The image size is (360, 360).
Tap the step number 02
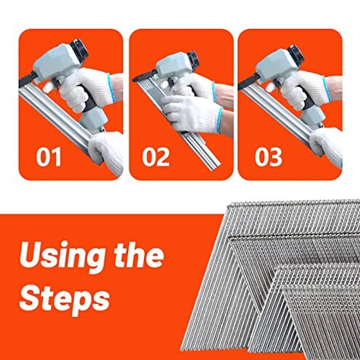pyautogui.click(x=156, y=157)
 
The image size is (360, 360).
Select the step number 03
pyautogui.click(x=270, y=157)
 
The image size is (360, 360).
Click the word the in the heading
pyautogui.click(x=138, y=256)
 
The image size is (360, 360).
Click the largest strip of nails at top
pyautogui.click(x=291, y=233)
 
